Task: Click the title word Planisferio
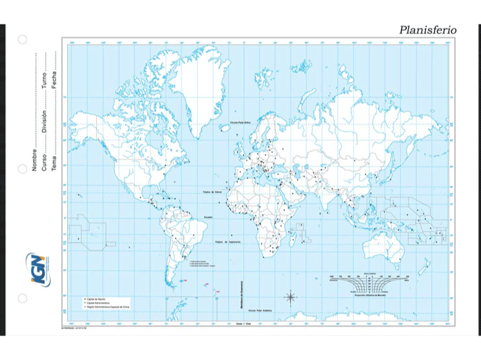(427, 30)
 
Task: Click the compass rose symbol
(291, 297)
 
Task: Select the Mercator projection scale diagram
(371, 285)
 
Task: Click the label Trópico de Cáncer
(212, 192)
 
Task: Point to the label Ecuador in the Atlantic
(209, 217)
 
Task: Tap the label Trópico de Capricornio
(227, 242)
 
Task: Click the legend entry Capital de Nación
(97, 299)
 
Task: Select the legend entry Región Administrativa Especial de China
(107, 306)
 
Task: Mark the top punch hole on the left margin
(22, 39)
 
